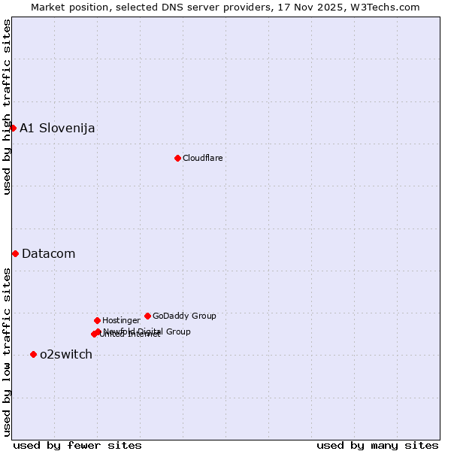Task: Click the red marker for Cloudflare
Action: coord(177,158)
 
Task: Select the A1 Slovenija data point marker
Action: coord(13,128)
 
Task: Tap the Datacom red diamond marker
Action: coord(15,253)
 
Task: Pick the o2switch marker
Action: coord(33,354)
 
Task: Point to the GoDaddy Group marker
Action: coord(147,316)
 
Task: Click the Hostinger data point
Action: coord(97,320)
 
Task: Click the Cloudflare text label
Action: coord(203,158)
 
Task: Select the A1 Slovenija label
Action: coord(57,128)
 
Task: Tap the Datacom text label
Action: coord(49,253)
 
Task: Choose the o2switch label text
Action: coord(66,354)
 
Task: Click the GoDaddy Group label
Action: coord(184,316)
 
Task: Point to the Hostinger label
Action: coord(121,320)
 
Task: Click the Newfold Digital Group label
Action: coord(147,331)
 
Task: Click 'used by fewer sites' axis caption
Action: coord(77,445)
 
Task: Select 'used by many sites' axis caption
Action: coord(377,445)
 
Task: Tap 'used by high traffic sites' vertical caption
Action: coord(7,107)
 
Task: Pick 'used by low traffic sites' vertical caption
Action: coord(7,352)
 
